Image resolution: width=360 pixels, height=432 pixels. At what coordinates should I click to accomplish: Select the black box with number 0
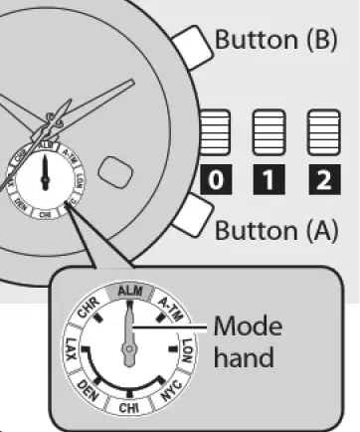[217, 181]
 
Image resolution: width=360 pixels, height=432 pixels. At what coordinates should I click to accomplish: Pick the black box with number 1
[267, 181]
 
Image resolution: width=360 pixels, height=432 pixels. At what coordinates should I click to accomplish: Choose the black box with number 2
[319, 181]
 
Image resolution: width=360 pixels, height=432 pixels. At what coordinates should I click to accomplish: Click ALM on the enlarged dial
[128, 290]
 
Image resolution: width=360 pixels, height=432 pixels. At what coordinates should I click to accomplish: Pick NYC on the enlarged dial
[169, 389]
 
